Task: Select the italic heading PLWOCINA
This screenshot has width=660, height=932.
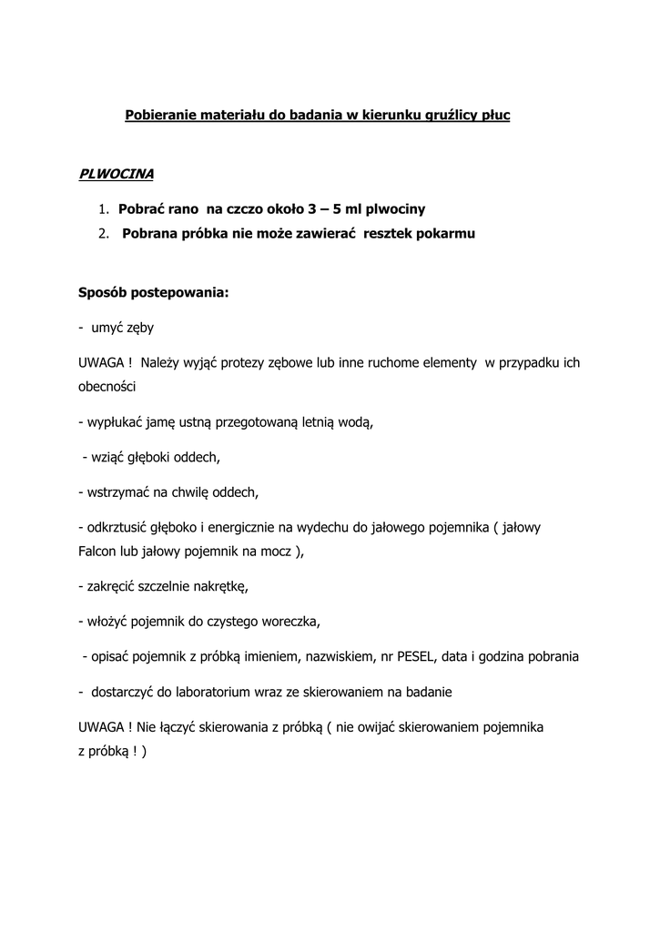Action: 116,173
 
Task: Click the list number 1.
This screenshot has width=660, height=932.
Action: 103,208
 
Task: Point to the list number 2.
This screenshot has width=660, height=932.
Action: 103,233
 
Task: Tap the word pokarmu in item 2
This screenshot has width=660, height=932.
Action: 444,233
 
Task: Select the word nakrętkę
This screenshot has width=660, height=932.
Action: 219,587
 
